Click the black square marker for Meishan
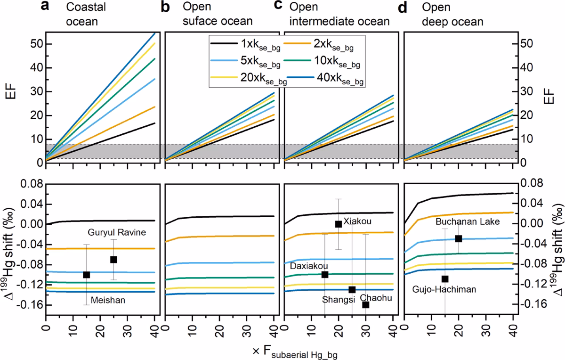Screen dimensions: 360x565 86,275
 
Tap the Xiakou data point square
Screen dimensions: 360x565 338,224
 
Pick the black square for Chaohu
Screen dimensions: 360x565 365,305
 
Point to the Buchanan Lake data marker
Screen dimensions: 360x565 459,239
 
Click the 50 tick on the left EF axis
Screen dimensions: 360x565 36,44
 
